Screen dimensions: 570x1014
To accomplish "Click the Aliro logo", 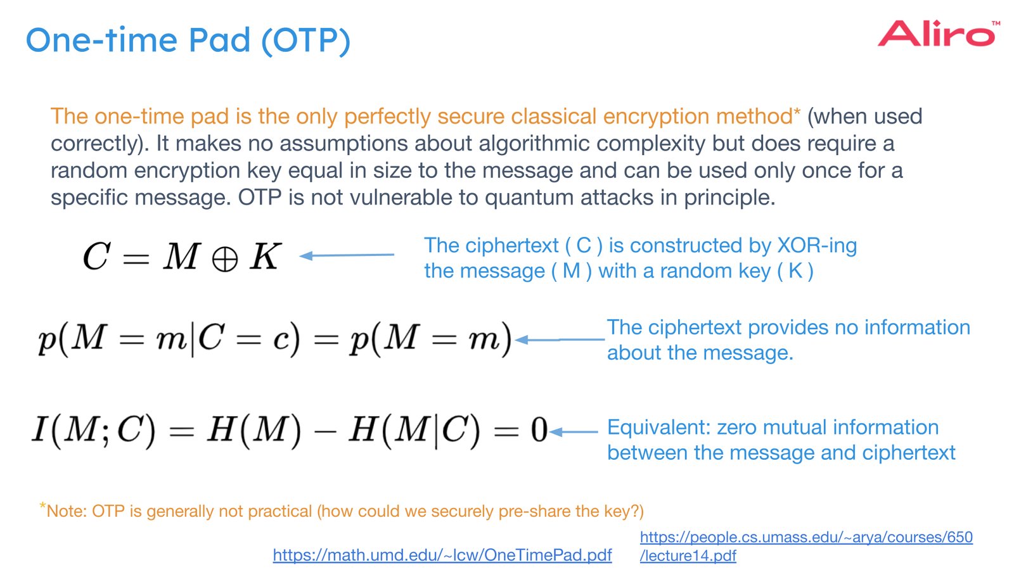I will point(936,34).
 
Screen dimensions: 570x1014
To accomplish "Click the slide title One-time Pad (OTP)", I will point(188,41).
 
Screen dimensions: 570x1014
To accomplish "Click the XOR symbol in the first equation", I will point(224,259).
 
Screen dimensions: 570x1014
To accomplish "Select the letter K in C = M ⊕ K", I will point(265,256).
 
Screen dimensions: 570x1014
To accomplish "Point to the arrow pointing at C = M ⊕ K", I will point(347,255).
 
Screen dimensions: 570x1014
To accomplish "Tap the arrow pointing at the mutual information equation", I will point(574,432).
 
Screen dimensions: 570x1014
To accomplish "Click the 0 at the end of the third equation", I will point(539,430).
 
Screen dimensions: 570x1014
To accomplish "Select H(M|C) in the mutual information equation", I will point(415,430).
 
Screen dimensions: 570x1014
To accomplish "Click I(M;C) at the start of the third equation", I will point(94,430).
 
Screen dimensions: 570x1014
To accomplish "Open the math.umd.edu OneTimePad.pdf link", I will point(442,555).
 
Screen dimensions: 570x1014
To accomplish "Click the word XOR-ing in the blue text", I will point(817,246).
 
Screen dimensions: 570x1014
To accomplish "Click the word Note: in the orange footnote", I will point(67,511).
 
